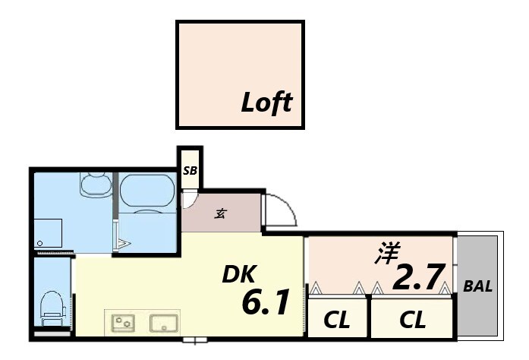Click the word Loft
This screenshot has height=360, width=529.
point(266,102)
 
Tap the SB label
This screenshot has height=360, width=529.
point(190,171)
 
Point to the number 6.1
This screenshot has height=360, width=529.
point(265,304)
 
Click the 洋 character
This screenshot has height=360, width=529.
point(386,254)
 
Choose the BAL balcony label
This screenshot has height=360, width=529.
point(478,287)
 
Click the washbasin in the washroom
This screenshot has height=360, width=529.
point(95,185)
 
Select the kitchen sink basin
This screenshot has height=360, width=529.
point(163,323)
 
